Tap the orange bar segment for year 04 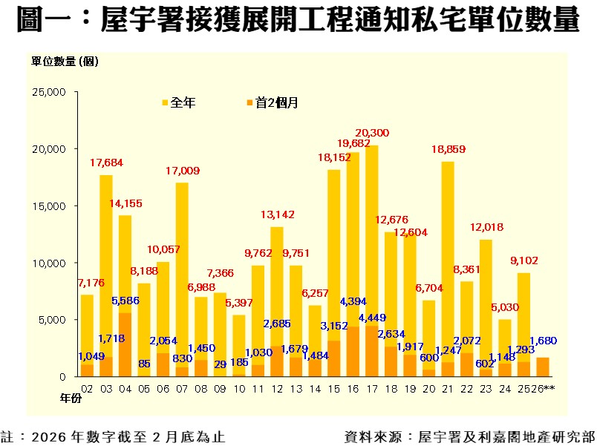pos(125,345)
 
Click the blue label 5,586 pos(125,301)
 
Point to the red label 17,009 pos(182,171)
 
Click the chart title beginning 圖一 pos(298,21)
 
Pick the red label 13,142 pos(277,214)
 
